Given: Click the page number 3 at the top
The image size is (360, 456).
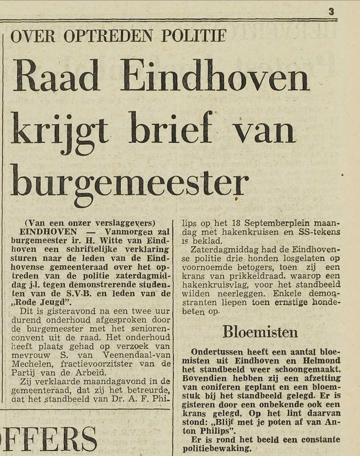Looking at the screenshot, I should tap(331, 11).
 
